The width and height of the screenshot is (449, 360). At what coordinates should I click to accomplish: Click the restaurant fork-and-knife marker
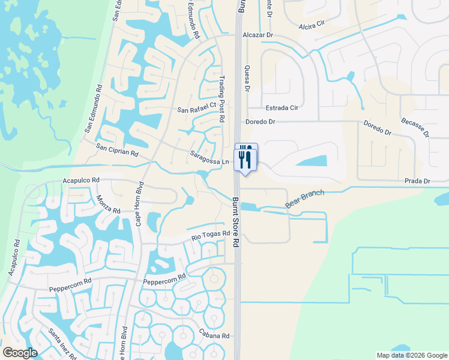tap(246, 158)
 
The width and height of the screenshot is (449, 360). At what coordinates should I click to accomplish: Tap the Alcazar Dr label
tap(258, 35)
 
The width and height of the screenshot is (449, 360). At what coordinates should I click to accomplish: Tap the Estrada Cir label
tap(282, 109)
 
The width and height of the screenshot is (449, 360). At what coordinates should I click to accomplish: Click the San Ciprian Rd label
tap(117, 150)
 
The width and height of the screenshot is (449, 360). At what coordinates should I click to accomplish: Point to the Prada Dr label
tap(417, 181)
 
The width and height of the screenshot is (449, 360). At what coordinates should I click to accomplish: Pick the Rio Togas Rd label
tap(211, 235)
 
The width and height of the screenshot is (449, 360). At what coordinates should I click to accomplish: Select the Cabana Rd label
tap(215, 336)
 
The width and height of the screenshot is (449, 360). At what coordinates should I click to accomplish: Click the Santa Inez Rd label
tap(63, 344)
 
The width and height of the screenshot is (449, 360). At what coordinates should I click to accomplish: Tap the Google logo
tap(20, 353)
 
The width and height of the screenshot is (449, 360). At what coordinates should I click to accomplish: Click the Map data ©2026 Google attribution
tap(411, 355)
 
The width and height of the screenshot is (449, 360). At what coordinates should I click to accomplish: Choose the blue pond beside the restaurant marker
tap(312, 161)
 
